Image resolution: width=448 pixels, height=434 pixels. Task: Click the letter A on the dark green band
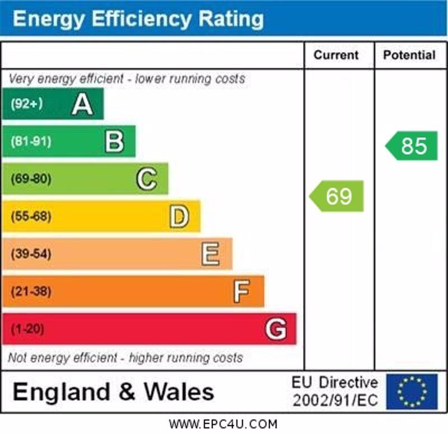[x=82, y=104]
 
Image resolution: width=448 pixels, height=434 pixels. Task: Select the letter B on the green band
[x=114, y=141]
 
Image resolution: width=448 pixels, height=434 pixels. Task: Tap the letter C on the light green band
[x=147, y=179]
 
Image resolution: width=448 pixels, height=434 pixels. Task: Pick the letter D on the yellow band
[x=179, y=216]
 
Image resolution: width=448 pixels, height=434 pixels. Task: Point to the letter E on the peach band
[x=211, y=254]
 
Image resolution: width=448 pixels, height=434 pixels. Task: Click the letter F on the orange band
[x=241, y=291]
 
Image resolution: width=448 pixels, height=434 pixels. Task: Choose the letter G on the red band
[x=276, y=329]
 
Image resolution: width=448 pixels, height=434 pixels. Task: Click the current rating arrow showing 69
[x=337, y=196]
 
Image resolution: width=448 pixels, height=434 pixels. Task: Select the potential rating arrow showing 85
[x=412, y=145]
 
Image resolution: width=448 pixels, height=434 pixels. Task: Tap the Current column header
[x=336, y=55]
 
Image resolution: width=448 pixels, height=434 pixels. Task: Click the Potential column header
[x=409, y=55]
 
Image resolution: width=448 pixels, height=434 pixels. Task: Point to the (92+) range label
[x=26, y=104]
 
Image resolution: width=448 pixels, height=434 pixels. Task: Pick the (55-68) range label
[x=31, y=216]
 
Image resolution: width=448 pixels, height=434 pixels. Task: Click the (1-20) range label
[x=27, y=329]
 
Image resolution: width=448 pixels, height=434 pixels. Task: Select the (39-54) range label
[x=31, y=254]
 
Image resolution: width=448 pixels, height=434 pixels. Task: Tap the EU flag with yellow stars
[x=412, y=391]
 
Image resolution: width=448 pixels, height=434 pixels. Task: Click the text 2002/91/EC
[x=335, y=400]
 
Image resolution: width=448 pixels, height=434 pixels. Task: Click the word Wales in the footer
[x=179, y=391]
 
